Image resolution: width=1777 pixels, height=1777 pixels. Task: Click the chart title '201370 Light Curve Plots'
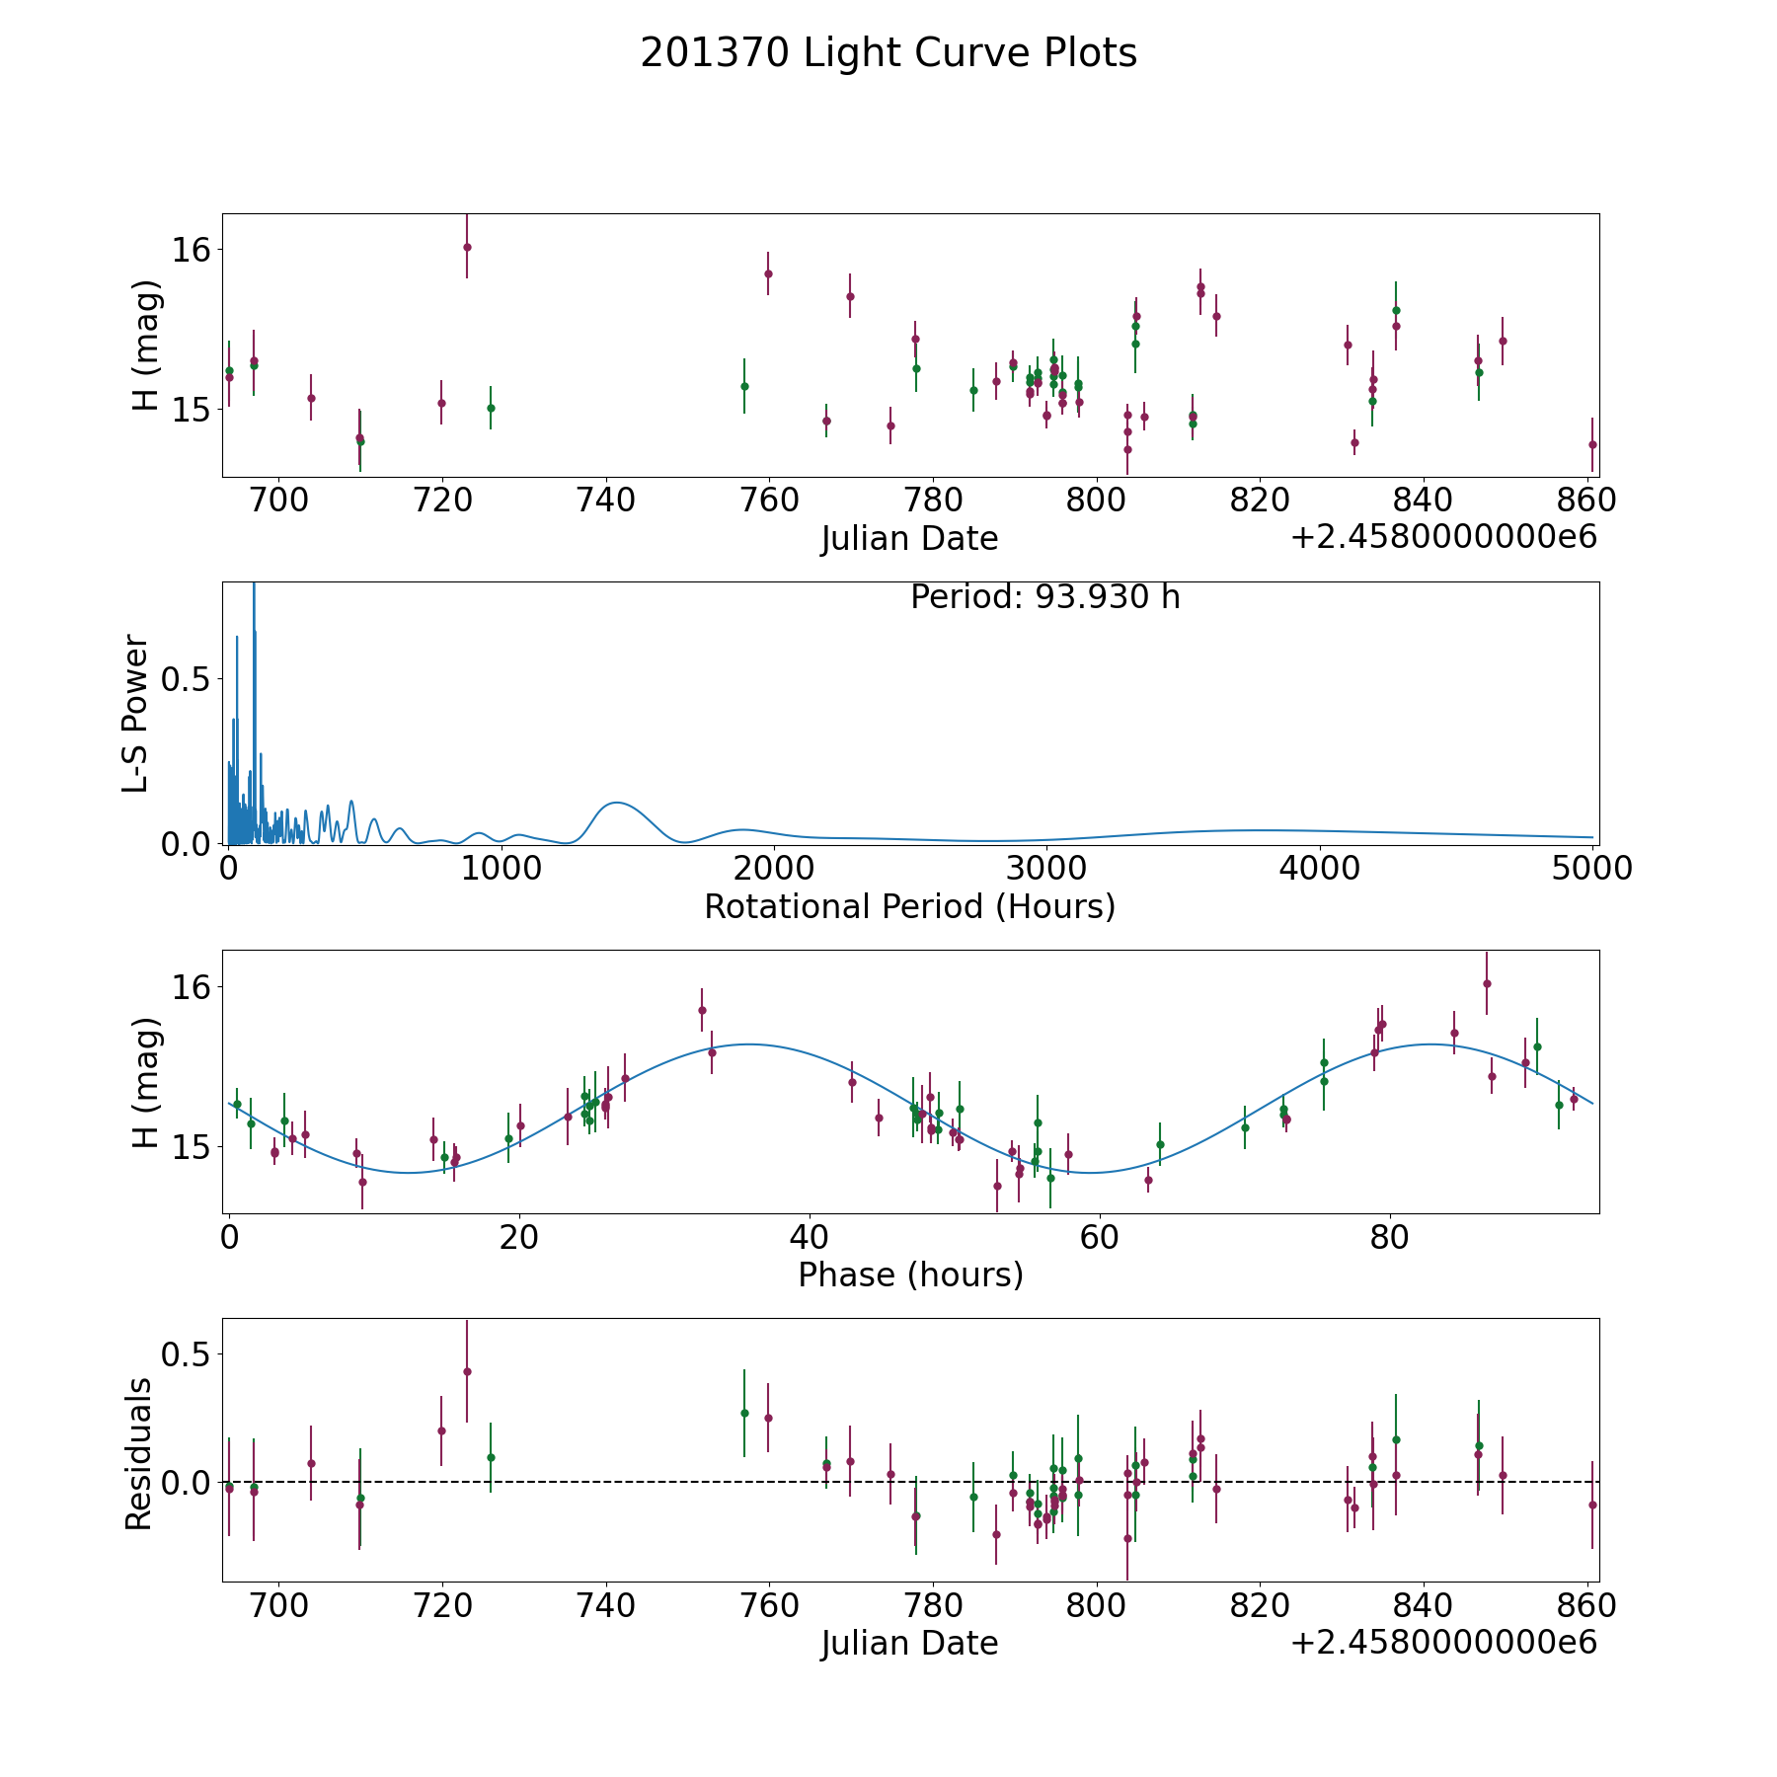coord(888,53)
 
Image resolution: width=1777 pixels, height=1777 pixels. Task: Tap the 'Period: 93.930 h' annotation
coord(1044,597)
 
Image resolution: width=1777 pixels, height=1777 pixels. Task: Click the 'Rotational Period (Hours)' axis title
coord(909,906)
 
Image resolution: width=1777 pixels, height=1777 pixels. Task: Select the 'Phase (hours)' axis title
coord(910,1275)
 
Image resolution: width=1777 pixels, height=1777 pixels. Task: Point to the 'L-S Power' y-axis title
coord(136,713)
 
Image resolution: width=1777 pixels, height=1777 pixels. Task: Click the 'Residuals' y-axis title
coord(138,1453)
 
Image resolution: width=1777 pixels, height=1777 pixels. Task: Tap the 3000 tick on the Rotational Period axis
coord(1044,869)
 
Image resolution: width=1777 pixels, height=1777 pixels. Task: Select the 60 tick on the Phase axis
coord(1099,1237)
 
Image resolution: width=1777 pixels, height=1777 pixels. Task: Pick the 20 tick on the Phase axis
coord(518,1237)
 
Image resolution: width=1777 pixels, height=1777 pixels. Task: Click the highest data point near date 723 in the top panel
coord(467,247)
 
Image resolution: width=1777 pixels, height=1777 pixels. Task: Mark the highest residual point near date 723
coord(467,1371)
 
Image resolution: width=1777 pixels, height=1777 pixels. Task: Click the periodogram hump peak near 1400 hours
coord(617,803)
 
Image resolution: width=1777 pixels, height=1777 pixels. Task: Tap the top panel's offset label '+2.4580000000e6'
coord(1443,537)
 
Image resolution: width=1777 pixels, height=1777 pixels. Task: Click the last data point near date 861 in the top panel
coord(1592,444)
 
